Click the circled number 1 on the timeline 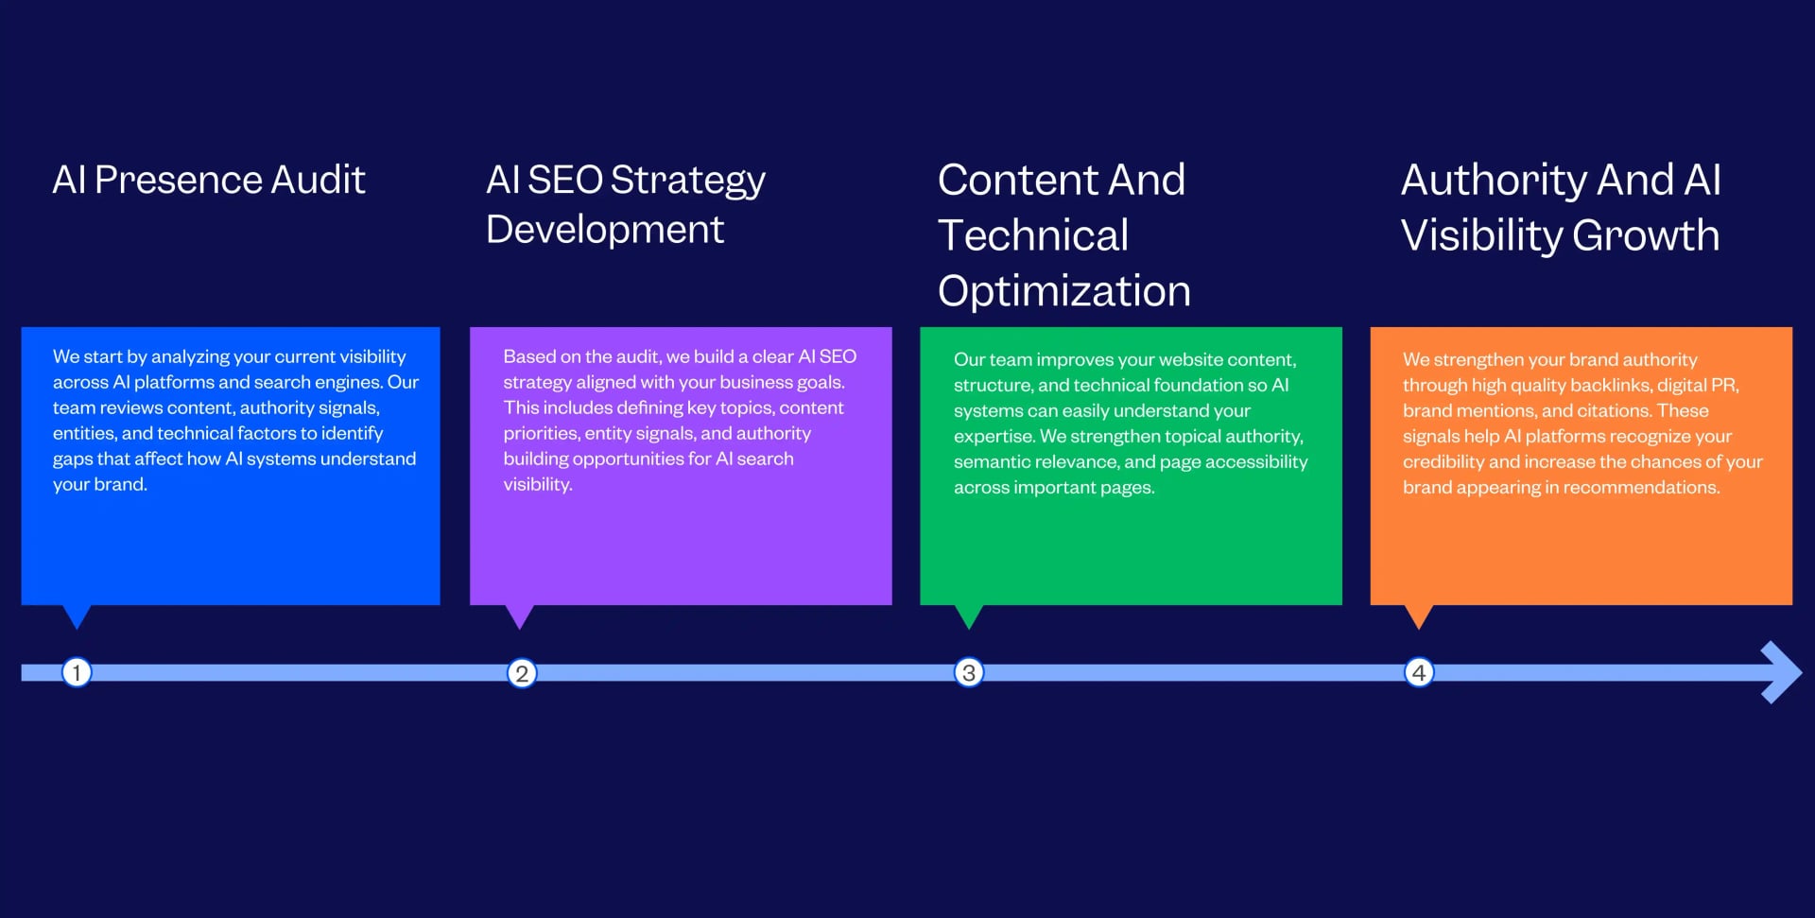(77, 672)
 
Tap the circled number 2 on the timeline (522, 673)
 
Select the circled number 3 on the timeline (968, 672)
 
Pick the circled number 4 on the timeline (1418, 672)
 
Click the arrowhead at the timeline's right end (1781, 672)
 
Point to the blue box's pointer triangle (77, 615)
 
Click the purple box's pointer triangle (519, 615)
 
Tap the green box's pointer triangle (969, 615)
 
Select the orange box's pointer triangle (1419, 615)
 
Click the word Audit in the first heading (318, 180)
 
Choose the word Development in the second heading (605, 230)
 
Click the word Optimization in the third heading (1063, 291)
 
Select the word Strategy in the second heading (688, 181)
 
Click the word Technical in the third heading (1033, 235)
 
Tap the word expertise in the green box (994, 437)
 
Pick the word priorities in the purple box (541, 434)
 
